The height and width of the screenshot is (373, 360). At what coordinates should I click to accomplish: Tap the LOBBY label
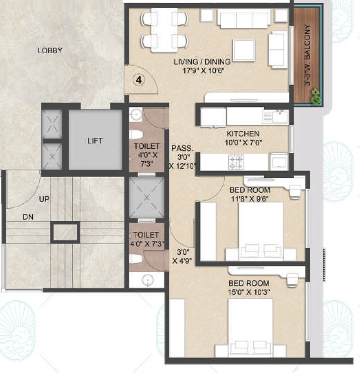tap(50, 51)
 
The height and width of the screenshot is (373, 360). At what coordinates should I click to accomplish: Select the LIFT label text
tap(95, 141)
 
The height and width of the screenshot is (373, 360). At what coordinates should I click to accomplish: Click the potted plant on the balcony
tap(316, 96)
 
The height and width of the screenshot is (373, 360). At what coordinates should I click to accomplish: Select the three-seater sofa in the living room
tap(244, 19)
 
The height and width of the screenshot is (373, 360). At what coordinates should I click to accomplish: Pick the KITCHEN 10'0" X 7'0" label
tap(244, 138)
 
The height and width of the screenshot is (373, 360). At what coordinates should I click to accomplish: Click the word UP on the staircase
tap(45, 199)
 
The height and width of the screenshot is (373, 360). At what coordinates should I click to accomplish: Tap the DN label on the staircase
tap(28, 217)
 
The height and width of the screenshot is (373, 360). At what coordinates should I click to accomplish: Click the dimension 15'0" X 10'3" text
tap(248, 291)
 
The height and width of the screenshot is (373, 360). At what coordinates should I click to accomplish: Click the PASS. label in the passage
tap(183, 148)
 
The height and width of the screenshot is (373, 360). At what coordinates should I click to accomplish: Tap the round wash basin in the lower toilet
tap(147, 280)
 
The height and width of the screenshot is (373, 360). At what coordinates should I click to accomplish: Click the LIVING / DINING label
tap(202, 62)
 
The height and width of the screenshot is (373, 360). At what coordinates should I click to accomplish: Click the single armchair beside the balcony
tap(278, 50)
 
